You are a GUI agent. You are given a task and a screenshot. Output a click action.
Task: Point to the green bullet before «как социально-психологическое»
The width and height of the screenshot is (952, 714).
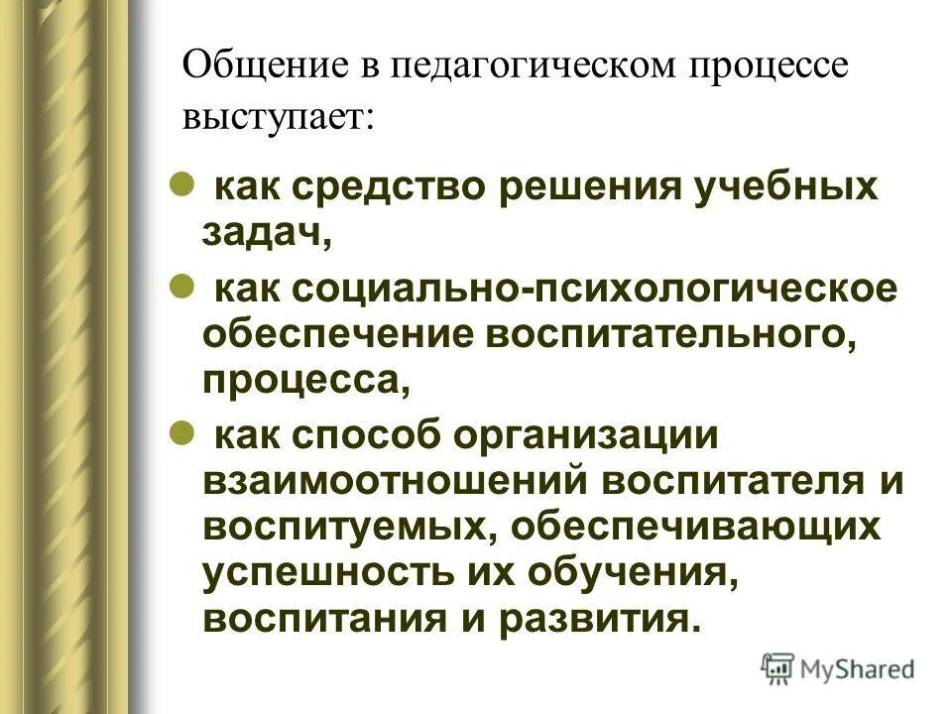click(181, 286)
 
